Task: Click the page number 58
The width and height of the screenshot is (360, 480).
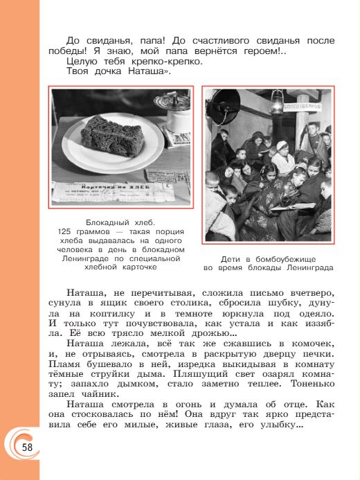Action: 27,447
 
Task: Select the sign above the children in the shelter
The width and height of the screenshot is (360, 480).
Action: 305,108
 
